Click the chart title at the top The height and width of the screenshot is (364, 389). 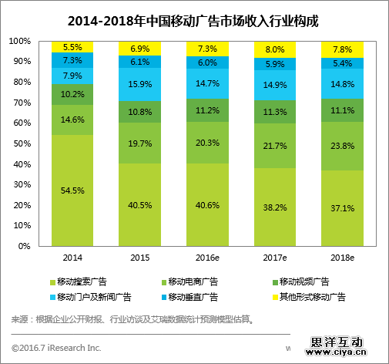(x=194, y=19)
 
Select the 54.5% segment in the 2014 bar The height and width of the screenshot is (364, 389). (x=72, y=190)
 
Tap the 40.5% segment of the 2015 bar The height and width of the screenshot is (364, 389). (x=139, y=204)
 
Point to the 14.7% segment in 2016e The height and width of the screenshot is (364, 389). (x=207, y=83)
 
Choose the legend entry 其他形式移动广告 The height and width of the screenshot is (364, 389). (x=309, y=296)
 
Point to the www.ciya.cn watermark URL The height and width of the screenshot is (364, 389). (x=344, y=355)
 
